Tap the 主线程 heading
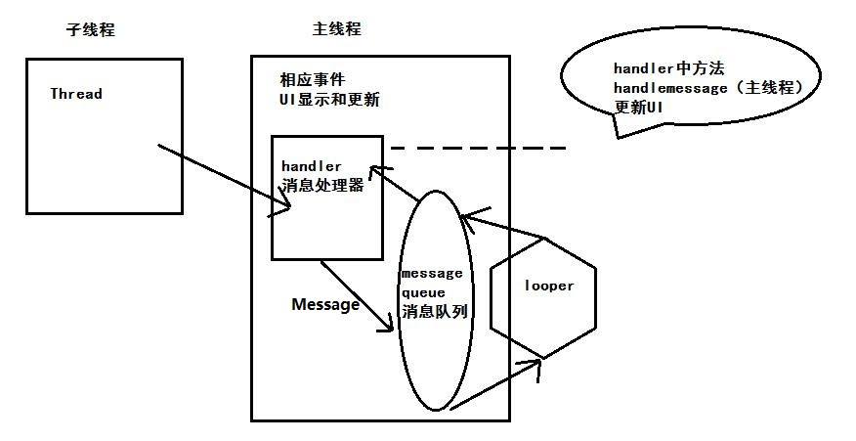pos(337,29)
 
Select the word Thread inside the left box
pos(76,94)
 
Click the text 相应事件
pos(313,78)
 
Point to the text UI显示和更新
pos(329,99)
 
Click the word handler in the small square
pos(311,166)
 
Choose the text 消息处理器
pos(322,185)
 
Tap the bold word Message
pos(325,304)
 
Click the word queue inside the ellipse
pos(423,292)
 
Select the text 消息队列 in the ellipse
pos(434,313)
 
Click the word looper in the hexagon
pos(549,286)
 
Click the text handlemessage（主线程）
pos(714,88)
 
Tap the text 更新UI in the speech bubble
pos(639,108)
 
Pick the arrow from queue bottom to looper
pos(498,383)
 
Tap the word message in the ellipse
pos(432,273)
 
